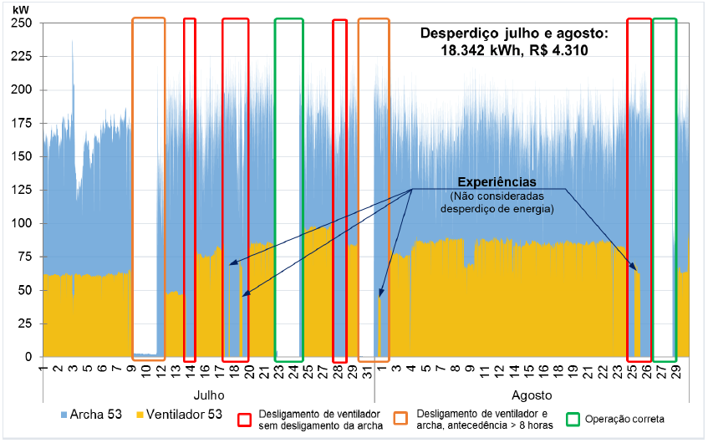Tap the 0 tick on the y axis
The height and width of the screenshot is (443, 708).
click(28, 357)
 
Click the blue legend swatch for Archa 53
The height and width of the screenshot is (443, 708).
click(64, 415)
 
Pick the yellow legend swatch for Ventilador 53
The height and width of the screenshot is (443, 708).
click(139, 415)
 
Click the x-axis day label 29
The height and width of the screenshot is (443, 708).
click(685, 370)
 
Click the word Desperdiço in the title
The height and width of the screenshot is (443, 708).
click(459, 33)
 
